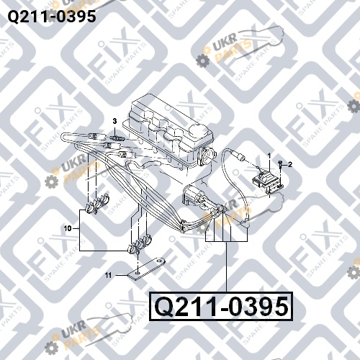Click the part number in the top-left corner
tap(52, 17)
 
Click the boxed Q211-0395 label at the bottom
tap(221, 307)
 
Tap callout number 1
tap(269, 156)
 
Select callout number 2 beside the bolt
tap(290, 165)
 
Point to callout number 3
tap(114, 121)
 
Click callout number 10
tap(68, 228)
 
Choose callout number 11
tap(109, 275)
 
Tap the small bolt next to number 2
tap(280, 166)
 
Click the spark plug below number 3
tap(117, 138)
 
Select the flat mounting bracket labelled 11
tap(147, 269)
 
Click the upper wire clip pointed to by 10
tap(98, 204)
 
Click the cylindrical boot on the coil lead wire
tap(240, 156)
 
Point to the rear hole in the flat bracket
tap(158, 260)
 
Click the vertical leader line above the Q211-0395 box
tap(227, 266)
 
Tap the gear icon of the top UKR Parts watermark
tap(202, 60)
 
